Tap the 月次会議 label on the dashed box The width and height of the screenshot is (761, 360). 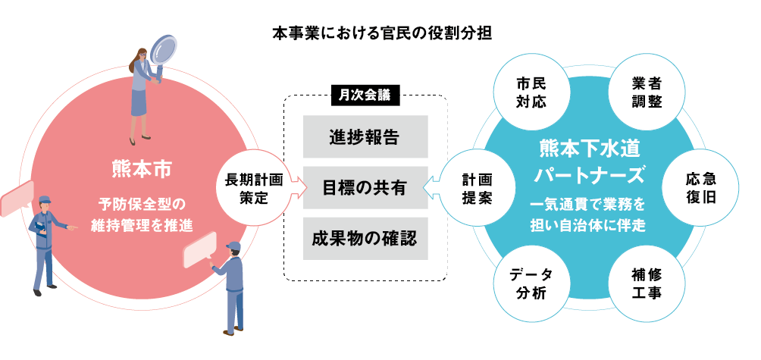point(365,95)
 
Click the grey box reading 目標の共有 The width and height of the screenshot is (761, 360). point(365,186)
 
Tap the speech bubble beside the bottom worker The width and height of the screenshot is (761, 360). point(200,250)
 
